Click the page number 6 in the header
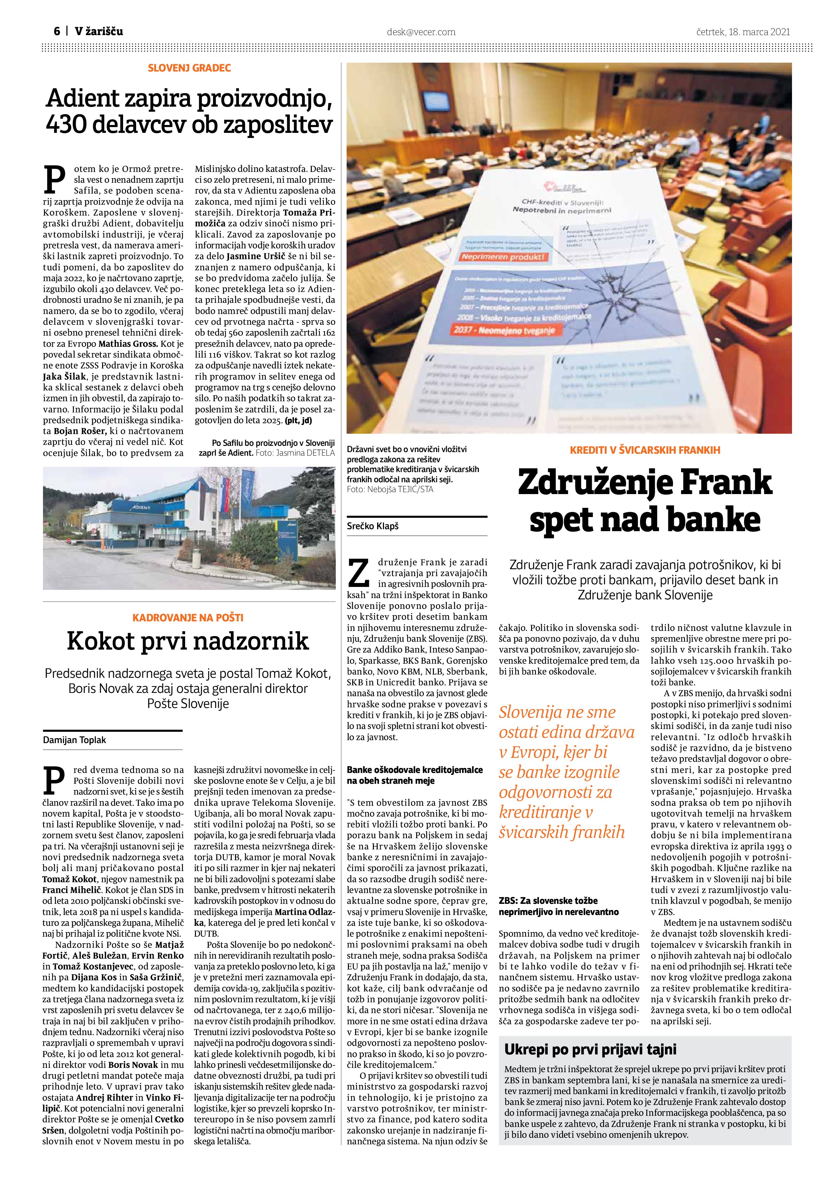pyautogui.click(x=57, y=31)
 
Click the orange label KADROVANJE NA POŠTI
pyautogui.click(x=188, y=617)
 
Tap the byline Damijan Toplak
pyautogui.click(x=75, y=740)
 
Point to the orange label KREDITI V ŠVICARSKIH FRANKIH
pyautogui.click(x=645, y=450)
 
